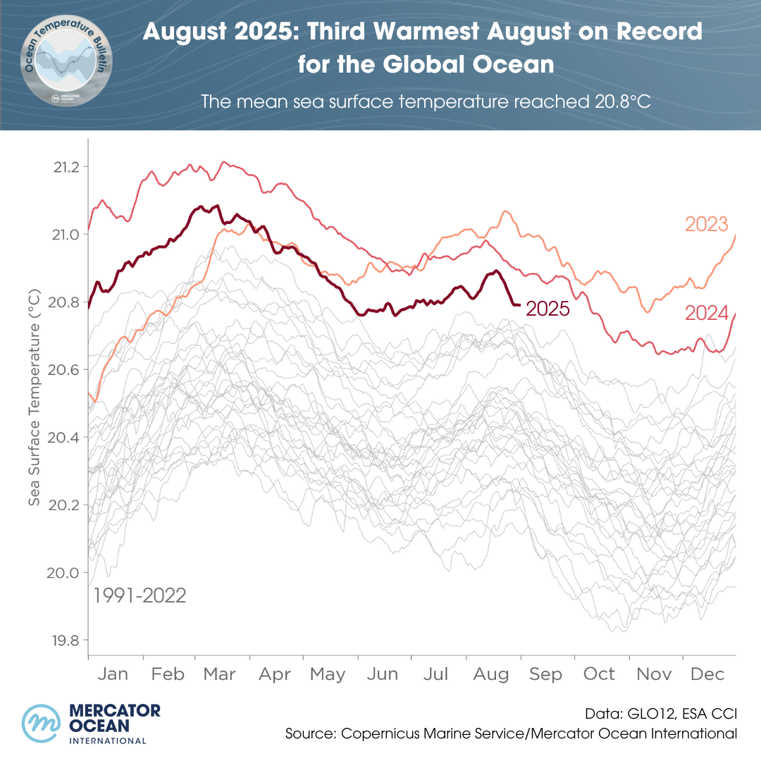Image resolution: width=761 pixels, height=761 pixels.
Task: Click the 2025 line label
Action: coord(547,309)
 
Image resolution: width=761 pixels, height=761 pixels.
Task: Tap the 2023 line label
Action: coord(706,225)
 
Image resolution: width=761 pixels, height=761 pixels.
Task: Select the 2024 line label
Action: coord(706,313)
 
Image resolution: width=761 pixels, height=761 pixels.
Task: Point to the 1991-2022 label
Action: coord(140,596)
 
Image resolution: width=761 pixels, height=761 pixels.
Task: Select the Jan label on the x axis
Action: coord(113,674)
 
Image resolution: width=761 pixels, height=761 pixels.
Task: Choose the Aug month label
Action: coord(491,674)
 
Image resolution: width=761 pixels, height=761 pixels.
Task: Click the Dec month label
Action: coord(707,674)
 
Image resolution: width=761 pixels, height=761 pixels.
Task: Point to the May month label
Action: coord(328,674)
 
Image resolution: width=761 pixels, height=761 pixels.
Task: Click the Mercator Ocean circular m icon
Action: coord(43,723)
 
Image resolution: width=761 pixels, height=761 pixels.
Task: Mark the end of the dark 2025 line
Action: coord(519,304)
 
